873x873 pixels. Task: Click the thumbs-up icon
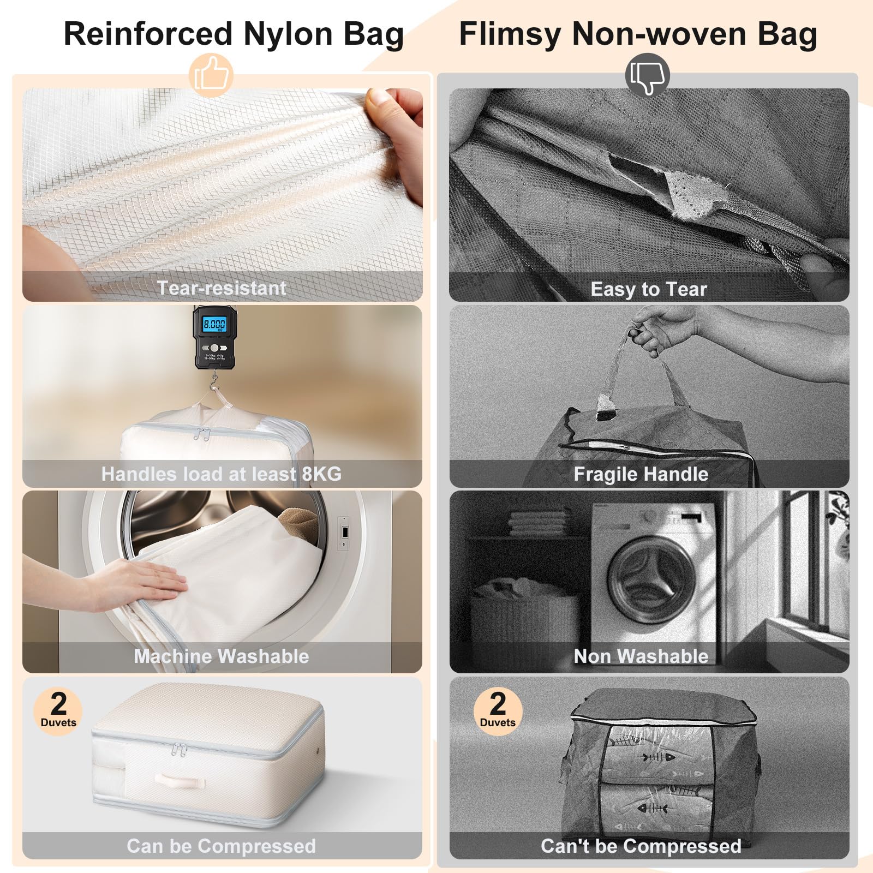211,74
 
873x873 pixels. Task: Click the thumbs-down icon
647,75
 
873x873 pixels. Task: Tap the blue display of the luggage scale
214,325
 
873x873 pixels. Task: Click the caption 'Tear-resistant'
222,288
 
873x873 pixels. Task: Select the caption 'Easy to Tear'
649,289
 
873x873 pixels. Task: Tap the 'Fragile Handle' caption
641,474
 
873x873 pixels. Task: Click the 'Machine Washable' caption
222,656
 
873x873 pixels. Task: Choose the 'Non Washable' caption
641,656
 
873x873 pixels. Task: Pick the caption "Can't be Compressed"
641,846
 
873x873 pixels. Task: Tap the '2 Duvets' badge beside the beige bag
58,711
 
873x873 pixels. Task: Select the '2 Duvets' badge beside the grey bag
498,711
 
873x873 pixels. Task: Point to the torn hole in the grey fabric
668,188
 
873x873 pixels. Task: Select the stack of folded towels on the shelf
538,523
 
